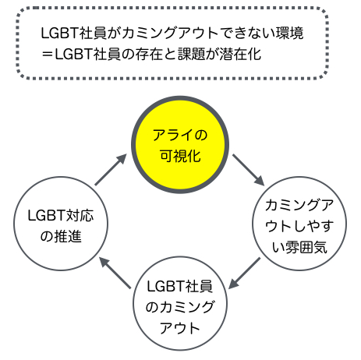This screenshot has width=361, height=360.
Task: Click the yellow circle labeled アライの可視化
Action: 180,144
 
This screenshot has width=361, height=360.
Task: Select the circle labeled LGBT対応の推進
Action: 61,224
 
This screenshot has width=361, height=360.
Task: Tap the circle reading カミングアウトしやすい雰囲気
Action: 299,224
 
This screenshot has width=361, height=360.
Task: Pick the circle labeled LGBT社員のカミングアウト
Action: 180,303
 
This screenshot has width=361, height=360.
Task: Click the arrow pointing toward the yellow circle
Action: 111,170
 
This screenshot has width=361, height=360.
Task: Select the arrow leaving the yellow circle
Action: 249,170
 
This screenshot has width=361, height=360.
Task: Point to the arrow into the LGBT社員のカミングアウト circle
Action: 244,273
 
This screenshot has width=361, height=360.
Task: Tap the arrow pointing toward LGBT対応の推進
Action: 115,273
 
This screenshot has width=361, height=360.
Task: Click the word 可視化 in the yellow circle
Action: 180,156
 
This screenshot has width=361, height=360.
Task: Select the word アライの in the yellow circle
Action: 180,136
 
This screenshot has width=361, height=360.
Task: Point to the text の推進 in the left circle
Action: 61,236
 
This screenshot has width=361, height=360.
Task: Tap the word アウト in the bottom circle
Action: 180,328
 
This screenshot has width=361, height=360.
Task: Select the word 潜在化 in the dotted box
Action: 240,54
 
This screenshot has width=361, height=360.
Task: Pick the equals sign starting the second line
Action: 48,55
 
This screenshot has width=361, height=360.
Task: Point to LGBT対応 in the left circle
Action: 61,216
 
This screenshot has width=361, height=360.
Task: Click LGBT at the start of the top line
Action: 60,34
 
